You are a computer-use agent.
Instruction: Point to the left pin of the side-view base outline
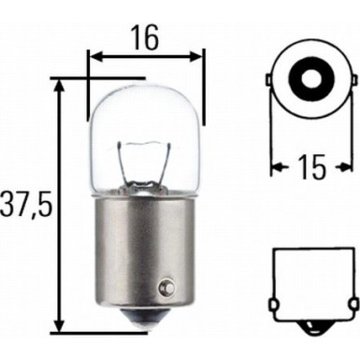tap(274, 303)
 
